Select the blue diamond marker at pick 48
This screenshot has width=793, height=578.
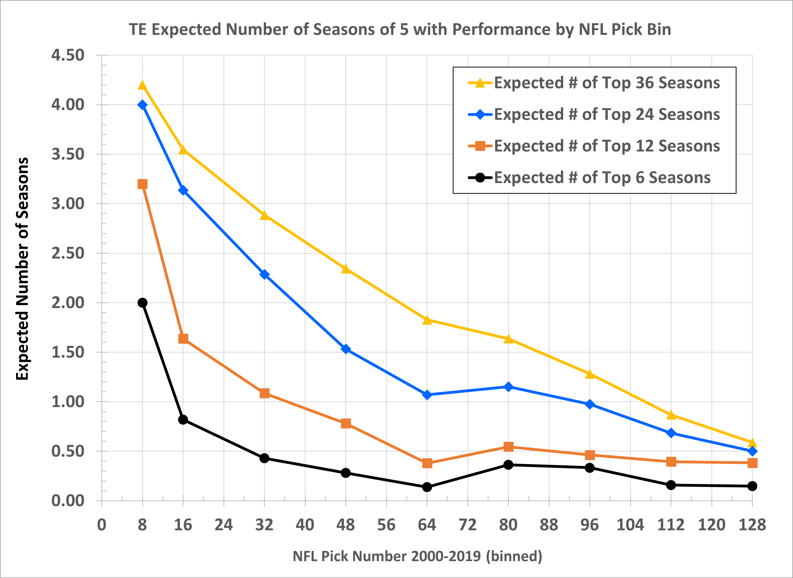346,349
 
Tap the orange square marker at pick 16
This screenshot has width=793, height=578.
183,339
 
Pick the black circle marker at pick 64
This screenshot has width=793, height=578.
427,487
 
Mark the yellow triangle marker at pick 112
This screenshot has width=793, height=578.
671,415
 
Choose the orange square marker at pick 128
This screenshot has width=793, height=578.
752,463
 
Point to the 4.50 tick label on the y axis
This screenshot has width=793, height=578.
68,55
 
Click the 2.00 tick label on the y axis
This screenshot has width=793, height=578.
68,303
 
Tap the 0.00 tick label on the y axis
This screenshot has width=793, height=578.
68,501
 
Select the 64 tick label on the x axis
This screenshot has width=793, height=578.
427,525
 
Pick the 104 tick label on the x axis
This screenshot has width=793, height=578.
630,525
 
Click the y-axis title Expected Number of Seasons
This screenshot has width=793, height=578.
22,269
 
